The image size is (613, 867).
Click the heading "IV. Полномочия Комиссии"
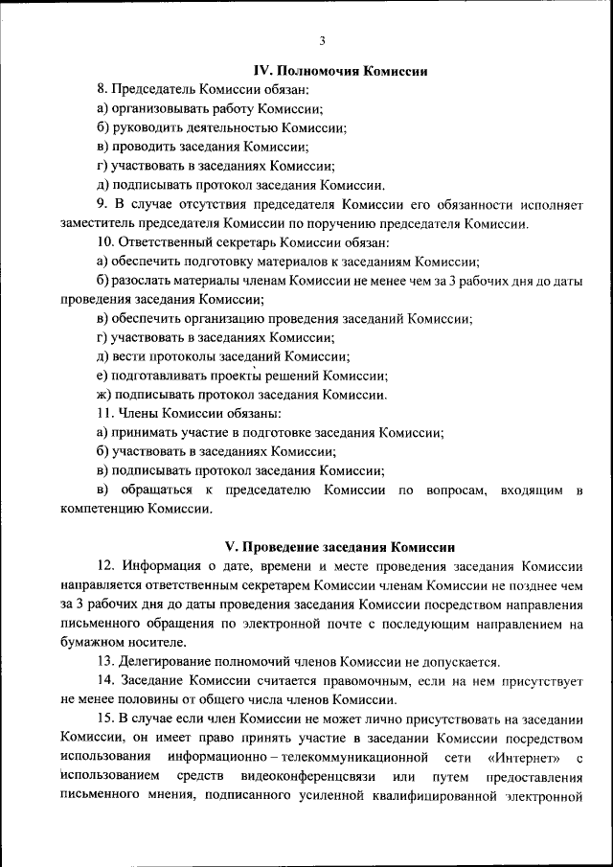(339, 71)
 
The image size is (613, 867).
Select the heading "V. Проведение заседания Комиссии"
(339, 548)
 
